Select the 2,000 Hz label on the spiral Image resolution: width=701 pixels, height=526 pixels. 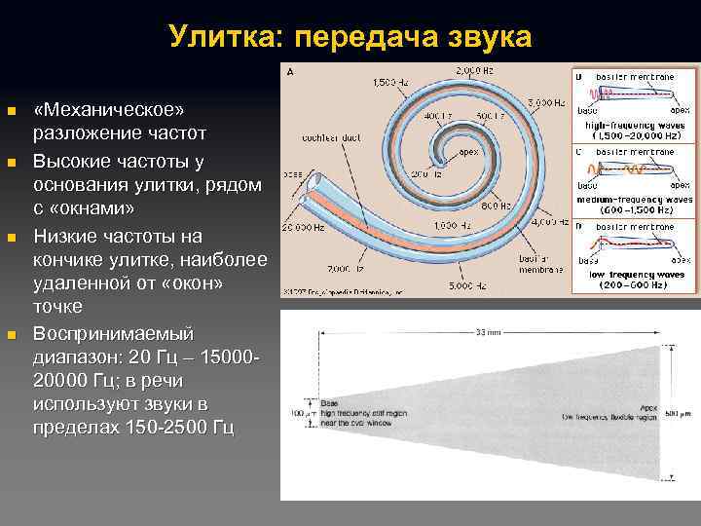click(x=474, y=71)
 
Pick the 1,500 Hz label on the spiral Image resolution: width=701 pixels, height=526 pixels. click(x=390, y=84)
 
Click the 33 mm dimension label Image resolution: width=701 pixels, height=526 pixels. click(x=484, y=331)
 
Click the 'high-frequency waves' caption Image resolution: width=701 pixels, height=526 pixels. click(x=638, y=126)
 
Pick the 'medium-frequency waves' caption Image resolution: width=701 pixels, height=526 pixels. click(x=638, y=199)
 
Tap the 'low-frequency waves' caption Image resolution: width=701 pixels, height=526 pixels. click(x=638, y=276)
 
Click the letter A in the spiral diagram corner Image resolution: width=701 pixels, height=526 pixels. click(x=290, y=71)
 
